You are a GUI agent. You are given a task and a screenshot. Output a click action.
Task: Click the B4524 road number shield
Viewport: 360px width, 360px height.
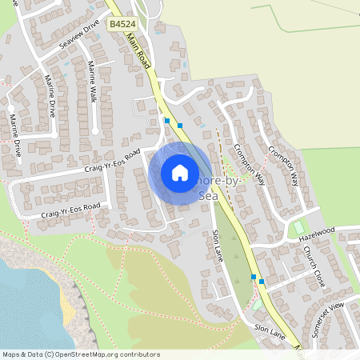(122, 25)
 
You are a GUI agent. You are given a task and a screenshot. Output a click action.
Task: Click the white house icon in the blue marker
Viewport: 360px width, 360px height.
(180, 173)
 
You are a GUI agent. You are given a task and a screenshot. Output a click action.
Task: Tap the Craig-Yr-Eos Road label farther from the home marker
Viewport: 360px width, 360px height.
(70, 210)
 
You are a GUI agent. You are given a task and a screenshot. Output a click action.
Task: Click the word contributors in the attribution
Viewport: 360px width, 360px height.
(140, 354)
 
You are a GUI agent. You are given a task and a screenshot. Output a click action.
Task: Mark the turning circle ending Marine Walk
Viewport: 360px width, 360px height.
(96, 130)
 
